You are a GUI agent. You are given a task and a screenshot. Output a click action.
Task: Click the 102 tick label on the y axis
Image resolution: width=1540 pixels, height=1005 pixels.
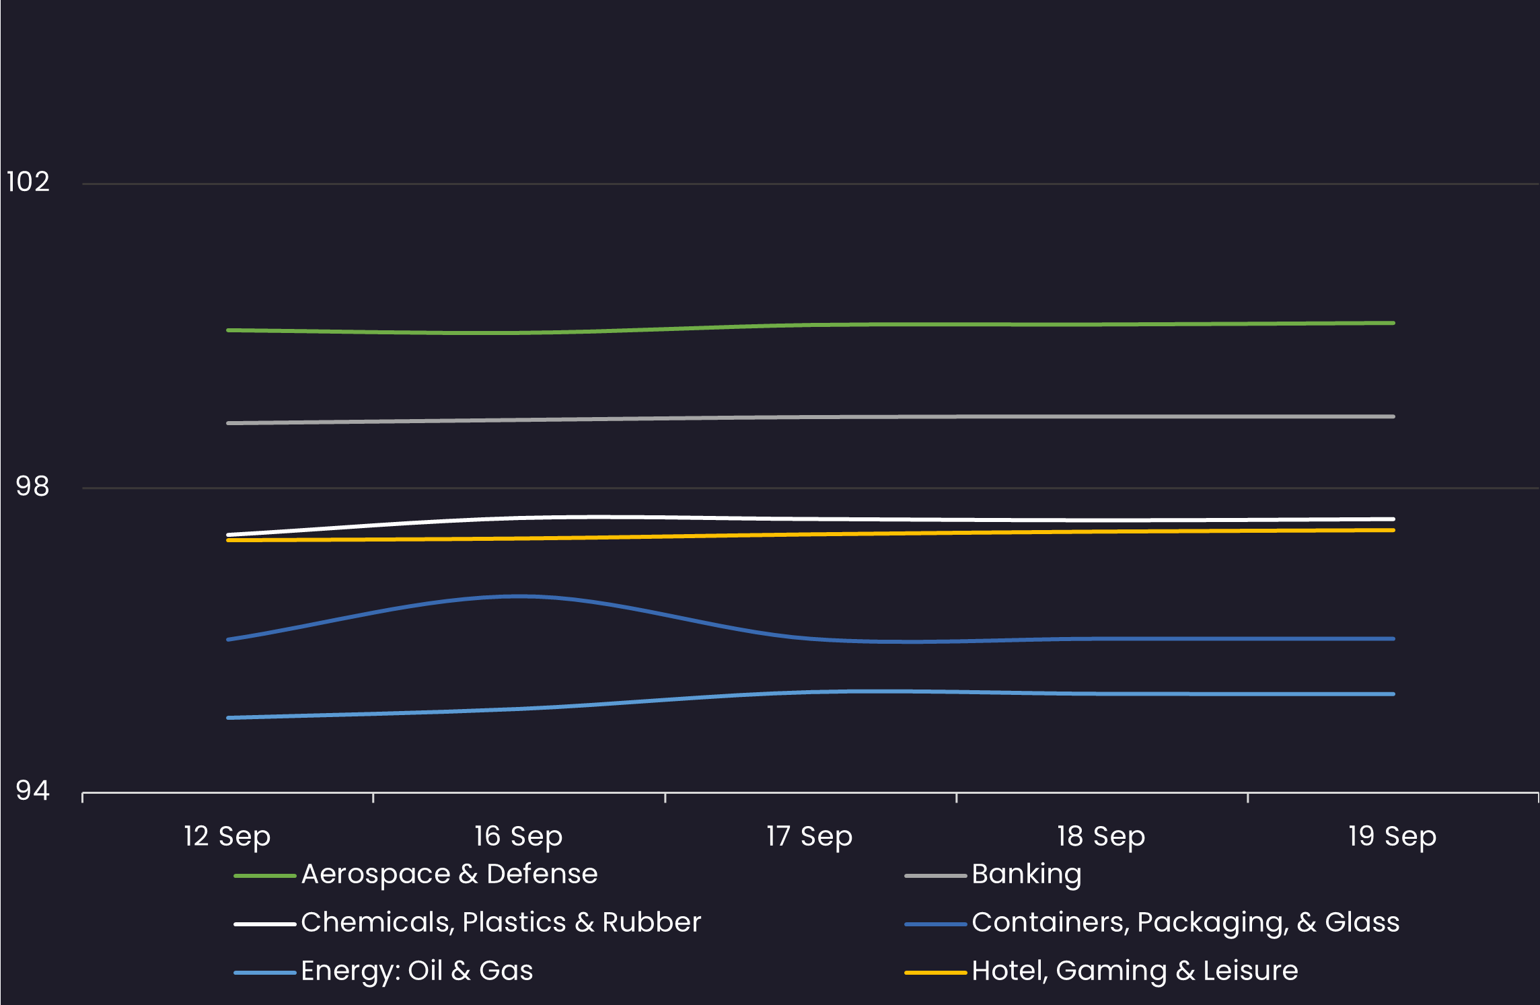28,182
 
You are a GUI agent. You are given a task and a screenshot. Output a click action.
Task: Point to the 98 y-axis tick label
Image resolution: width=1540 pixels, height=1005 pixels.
32,486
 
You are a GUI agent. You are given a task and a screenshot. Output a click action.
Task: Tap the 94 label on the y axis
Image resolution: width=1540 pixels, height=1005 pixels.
32,790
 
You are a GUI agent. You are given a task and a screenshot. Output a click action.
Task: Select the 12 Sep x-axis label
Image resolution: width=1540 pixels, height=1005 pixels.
227,836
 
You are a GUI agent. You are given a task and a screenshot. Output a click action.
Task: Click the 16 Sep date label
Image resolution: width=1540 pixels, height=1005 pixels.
518,836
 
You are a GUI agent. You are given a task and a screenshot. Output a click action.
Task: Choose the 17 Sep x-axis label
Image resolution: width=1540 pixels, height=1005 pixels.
809,836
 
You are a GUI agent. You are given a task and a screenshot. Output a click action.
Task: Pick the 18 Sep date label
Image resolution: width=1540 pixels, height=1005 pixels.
1101,836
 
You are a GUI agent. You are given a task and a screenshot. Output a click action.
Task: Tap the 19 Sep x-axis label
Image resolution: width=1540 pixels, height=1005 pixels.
1392,836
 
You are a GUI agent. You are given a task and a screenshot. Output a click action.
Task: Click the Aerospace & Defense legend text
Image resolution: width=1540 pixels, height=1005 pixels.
449,874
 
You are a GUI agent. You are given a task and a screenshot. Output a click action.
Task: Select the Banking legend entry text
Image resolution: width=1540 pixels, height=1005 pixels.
1027,874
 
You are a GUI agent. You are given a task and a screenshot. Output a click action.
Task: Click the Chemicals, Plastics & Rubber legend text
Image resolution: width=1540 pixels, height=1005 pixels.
501,922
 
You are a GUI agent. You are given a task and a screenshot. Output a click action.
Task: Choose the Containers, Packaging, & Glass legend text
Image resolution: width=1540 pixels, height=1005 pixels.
1185,922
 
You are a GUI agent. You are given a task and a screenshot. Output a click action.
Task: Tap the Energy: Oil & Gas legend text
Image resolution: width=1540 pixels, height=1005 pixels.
417,971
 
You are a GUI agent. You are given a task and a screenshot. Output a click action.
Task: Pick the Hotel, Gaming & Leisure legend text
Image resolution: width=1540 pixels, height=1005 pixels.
1135,971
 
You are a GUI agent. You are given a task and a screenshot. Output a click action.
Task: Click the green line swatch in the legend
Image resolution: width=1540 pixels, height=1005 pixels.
265,876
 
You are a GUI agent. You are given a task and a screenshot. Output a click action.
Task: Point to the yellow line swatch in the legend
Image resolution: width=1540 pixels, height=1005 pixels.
936,973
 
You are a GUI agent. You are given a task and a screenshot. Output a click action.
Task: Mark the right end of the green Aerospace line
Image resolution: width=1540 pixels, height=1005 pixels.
1393,323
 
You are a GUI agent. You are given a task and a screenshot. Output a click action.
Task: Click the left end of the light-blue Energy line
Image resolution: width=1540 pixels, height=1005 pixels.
229,718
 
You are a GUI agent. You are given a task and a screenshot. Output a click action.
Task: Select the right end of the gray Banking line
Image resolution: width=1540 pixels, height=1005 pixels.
1393,416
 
